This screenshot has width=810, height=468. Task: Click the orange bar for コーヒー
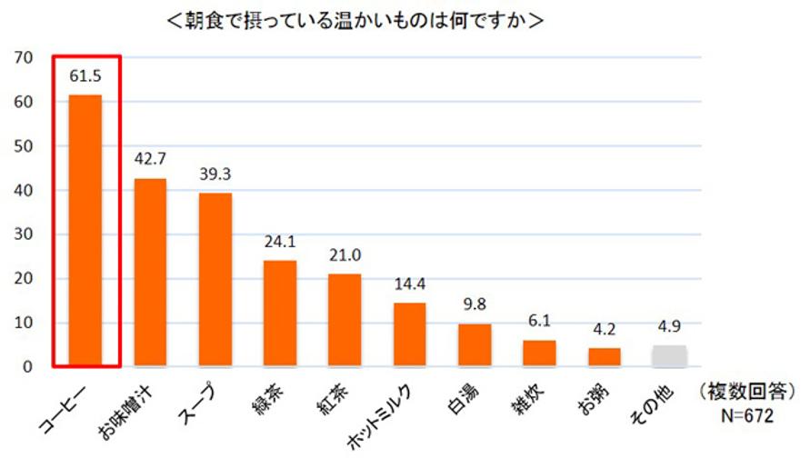point(85,230)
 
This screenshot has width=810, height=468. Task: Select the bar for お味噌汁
point(150,272)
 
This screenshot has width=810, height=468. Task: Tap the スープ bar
point(215,279)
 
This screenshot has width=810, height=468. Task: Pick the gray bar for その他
point(669,355)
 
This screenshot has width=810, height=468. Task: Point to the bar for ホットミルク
point(409,334)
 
